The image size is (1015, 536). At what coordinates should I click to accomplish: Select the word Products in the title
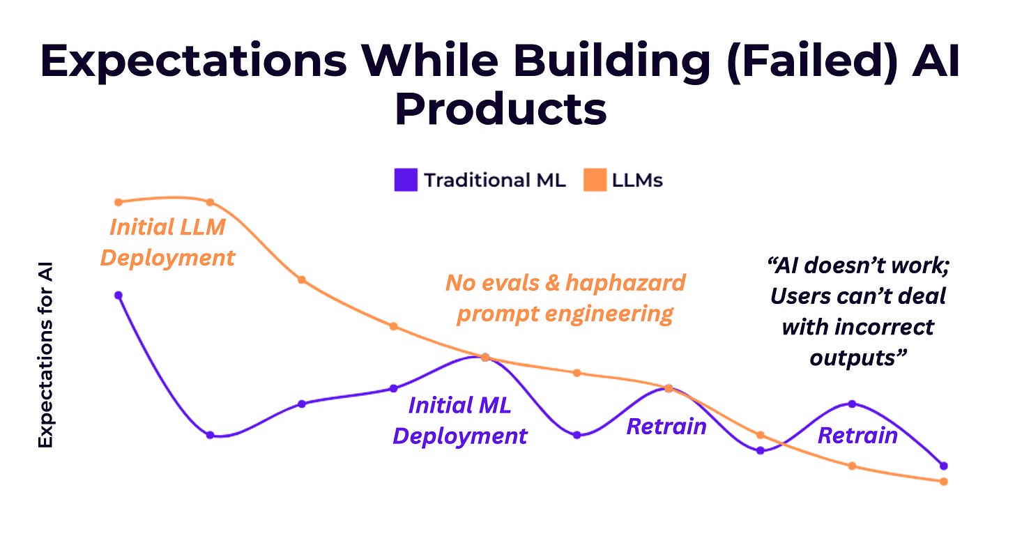(500, 109)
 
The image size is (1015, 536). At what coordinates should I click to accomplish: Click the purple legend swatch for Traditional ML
(405, 181)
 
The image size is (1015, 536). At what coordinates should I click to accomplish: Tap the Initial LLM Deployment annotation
(167, 243)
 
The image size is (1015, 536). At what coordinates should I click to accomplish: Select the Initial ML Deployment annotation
(459, 420)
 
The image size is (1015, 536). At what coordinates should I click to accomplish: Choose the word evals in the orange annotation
(512, 283)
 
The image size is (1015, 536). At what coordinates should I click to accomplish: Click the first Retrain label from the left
(666, 426)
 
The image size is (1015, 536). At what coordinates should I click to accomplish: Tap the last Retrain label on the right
(857, 436)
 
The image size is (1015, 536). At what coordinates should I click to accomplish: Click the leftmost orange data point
(119, 202)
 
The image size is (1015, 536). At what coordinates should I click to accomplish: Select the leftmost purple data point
(119, 295)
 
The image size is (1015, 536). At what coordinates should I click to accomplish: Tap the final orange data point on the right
(944, 482)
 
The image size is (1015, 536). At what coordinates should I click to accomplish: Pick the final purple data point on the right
(944, 466)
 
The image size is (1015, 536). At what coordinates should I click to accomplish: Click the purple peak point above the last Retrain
(852, 404)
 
